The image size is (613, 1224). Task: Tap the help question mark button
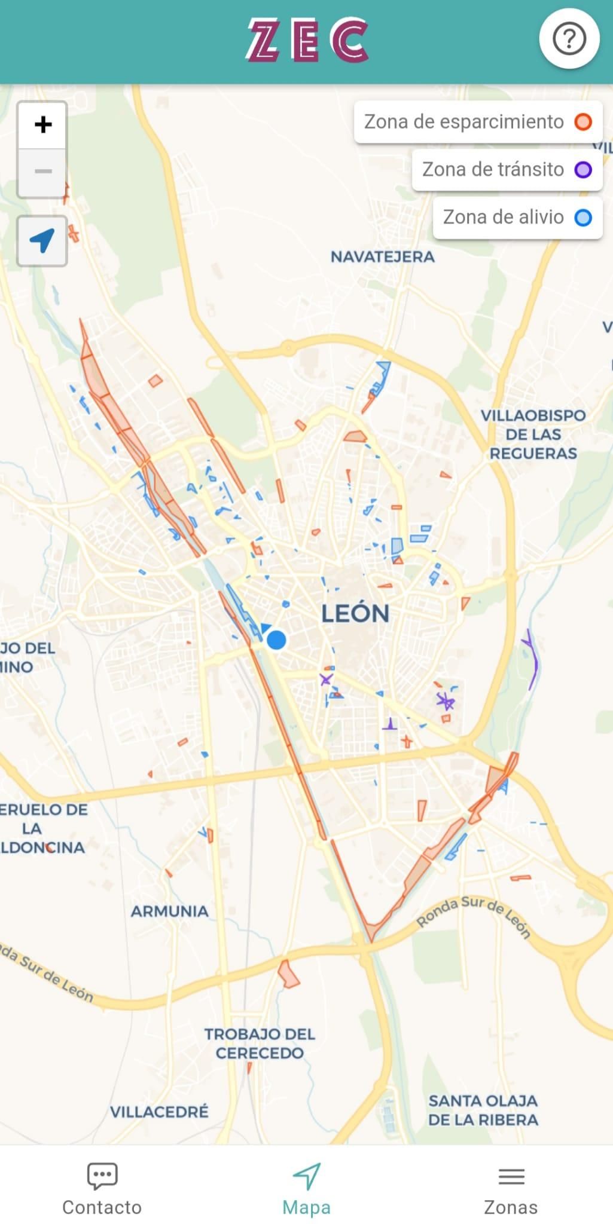[569, 39]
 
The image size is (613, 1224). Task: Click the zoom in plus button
[42, 125]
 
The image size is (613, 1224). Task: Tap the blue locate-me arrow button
[42, 240]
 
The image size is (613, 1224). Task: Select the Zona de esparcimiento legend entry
[478, 122]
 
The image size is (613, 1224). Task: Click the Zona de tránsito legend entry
[507, 170]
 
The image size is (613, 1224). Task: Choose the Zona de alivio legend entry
[517, 217]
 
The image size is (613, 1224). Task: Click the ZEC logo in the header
[307, 40]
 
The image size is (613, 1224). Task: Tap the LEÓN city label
[355, 614]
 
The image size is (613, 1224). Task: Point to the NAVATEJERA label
[383, 257]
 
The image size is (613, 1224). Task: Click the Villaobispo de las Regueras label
[533, 434]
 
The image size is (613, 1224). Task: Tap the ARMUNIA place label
[170, 911]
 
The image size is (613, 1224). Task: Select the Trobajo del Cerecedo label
[260, 1043]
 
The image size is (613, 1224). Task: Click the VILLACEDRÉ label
[159, 1112]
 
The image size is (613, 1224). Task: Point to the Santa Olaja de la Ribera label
[483, 1110]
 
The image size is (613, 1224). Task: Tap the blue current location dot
[276, 640]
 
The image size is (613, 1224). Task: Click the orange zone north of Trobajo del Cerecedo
[288, 974]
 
